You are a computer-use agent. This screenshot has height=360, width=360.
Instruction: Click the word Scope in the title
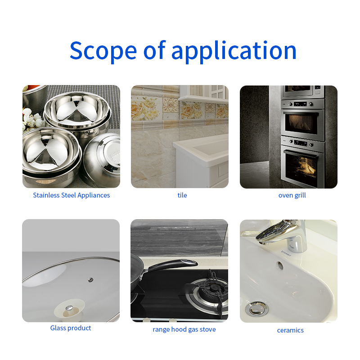tap(103, 50)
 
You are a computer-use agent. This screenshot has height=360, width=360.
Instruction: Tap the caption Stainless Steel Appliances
tap(71, 195)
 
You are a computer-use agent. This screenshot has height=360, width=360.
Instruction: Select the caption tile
tap(182, 195)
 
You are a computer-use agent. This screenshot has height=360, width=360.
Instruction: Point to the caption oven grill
tap(292, 195)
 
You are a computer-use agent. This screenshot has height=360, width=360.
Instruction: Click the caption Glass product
tap(71, 328)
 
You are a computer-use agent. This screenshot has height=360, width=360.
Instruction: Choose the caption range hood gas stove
tap(184, 329)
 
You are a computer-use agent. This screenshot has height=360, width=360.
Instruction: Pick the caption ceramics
tap(290, 330)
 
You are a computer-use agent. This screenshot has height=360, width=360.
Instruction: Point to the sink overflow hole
tap(280, 265)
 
